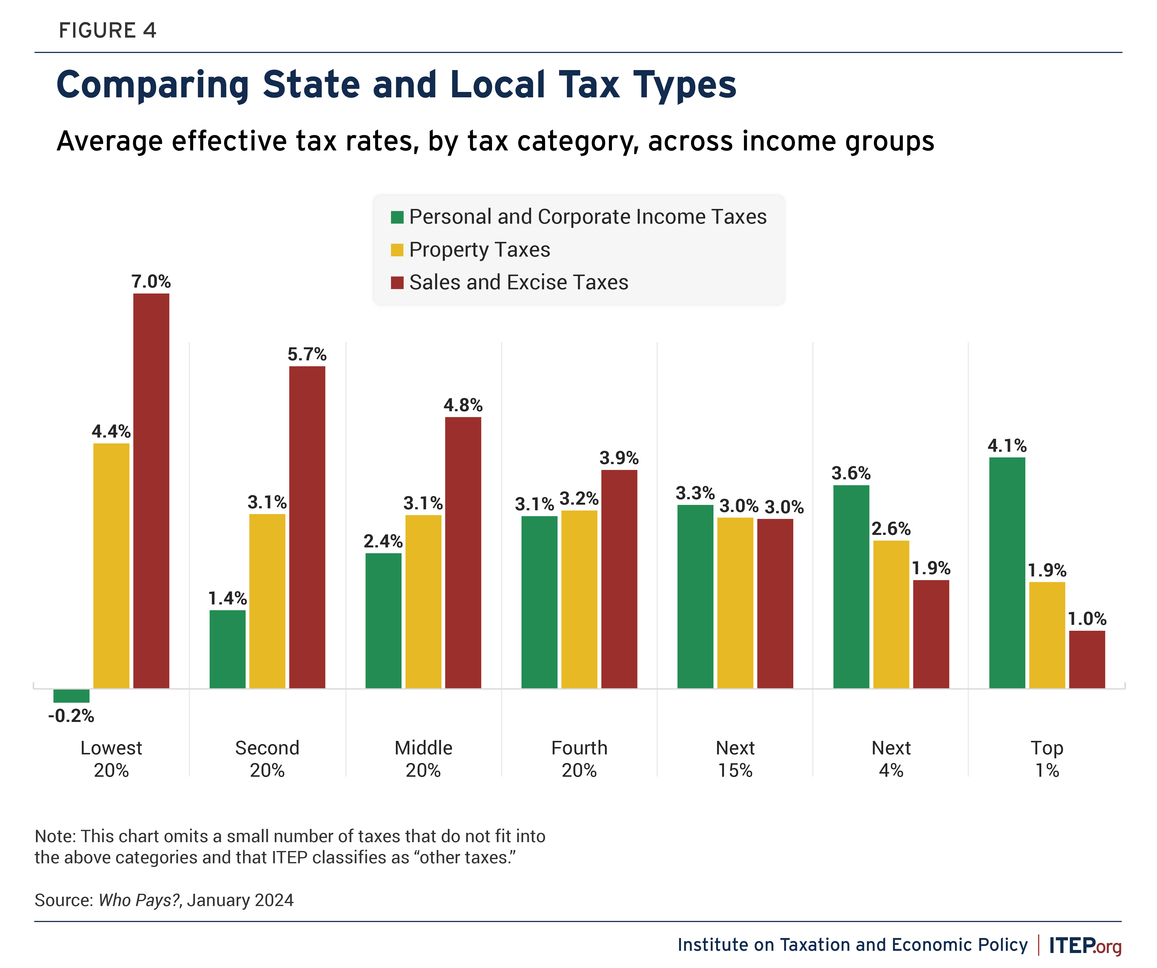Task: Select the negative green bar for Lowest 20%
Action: click(x=71, y=695)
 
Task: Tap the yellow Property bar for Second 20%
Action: click(x=267, y=601)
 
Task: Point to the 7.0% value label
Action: click(x=151, y=281)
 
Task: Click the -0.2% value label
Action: click(x=71, y=716)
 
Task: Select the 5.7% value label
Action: click(x=307, y=354)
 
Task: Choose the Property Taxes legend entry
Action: click(x=479, y=249)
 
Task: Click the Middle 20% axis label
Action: click(x=423, y=759)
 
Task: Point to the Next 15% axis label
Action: click(x=735, y=759)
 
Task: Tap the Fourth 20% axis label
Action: click(x=579, y=759)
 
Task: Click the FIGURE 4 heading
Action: click(x=107, y=30)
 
